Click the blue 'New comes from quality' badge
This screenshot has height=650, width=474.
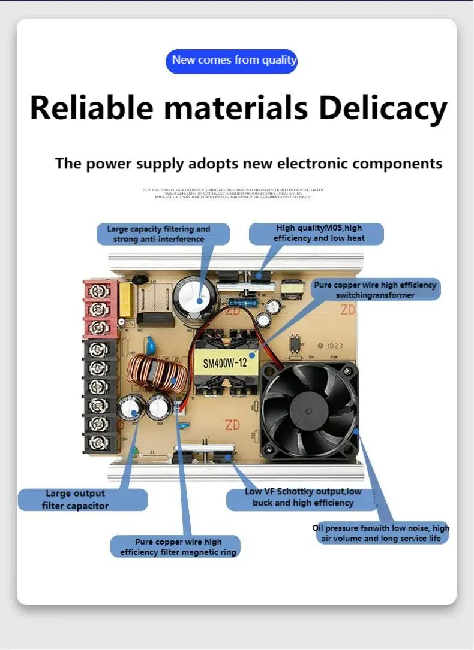232,61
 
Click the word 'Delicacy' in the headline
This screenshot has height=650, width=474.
382,108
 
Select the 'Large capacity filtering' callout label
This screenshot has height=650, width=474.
163,234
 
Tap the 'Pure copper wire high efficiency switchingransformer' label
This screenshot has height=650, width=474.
375,290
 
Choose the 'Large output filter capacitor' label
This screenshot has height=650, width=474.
82,500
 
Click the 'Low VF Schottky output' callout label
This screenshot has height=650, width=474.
302,497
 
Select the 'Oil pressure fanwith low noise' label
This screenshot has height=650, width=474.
381,533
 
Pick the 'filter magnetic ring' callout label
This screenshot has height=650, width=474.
175,546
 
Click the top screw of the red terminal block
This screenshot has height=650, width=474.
95,292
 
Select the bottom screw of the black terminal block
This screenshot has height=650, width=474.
95,443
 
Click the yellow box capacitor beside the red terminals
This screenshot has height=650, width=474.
126,294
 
